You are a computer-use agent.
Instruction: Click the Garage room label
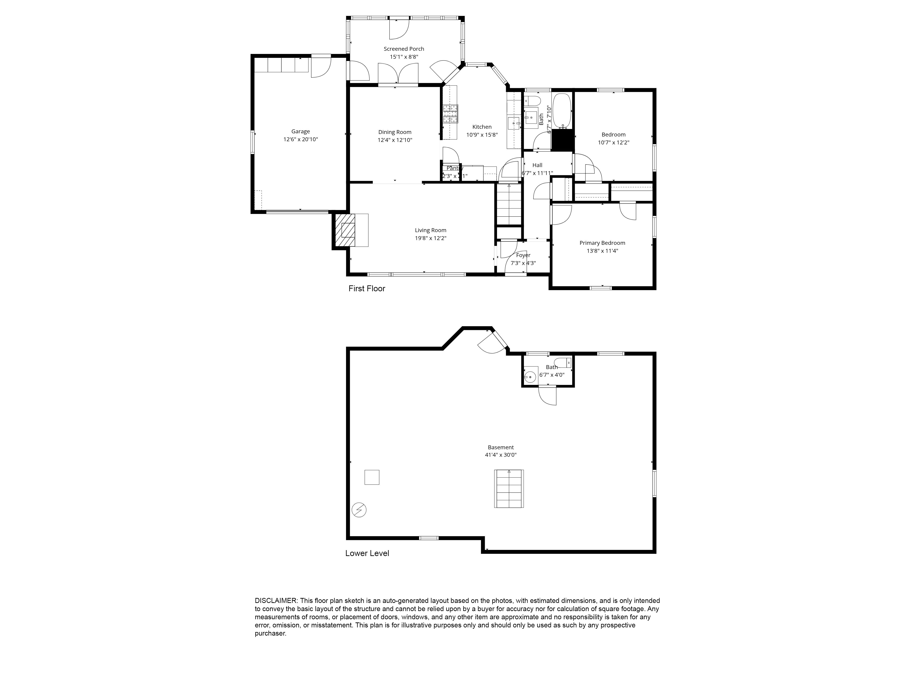pos(300,131)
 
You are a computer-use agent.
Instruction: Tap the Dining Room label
pos(395,132)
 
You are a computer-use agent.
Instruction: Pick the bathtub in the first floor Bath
pos(562,111)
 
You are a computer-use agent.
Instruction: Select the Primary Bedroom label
pos(602,243)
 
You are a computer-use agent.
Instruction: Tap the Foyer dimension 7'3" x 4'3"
pos(523,263)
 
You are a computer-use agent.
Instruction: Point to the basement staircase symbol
pos(509,489)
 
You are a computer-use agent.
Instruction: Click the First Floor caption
pos(367,289)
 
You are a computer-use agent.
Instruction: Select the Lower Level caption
pos(367,553)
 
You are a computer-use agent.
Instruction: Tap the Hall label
pos(537,165)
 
